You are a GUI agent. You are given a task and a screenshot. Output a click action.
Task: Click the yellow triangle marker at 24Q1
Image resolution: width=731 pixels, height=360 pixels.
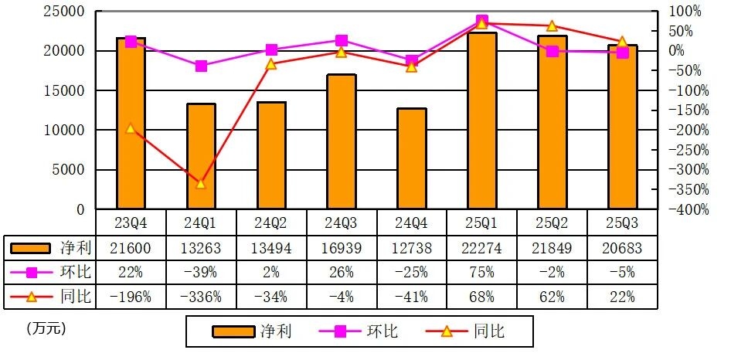coord(201,184)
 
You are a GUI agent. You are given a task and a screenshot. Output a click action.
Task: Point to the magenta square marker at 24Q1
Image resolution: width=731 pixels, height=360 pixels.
coord(201,66)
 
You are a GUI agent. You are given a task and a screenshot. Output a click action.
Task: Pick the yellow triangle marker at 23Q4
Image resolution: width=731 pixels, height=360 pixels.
coord(131,128)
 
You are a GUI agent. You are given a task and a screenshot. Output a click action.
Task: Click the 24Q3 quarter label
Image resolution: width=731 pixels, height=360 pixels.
coord(342,222)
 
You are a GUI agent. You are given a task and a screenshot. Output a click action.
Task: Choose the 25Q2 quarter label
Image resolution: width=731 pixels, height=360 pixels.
coord(552,222)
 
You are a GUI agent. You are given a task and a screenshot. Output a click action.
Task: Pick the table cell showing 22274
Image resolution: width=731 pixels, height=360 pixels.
coord(482,247)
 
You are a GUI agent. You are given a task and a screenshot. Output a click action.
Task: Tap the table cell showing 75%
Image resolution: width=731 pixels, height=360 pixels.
coord(482,272)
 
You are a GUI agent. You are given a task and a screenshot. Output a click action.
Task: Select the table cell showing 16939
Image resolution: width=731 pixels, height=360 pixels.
coord(342,247)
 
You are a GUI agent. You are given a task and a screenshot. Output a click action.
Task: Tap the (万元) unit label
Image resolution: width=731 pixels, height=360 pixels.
coord(46,328)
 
